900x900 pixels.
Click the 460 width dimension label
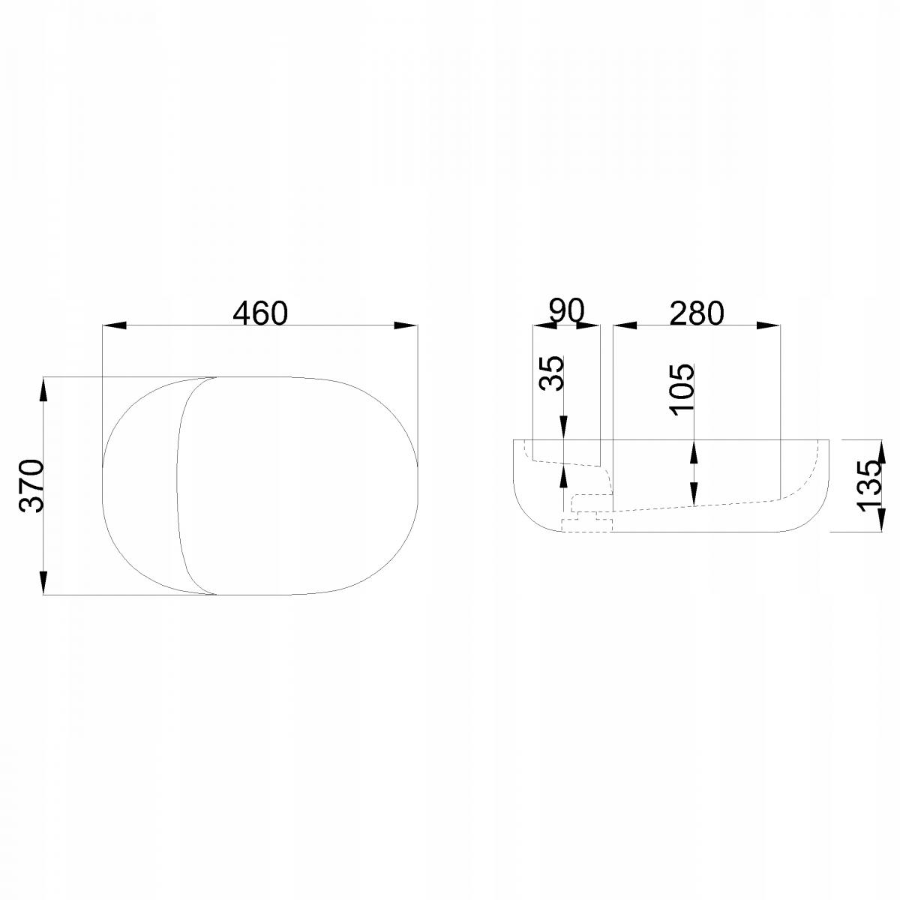coord(260,313)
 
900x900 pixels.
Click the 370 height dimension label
coord(31,486)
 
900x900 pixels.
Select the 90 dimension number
coord(566,311)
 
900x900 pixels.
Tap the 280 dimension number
coord(696,313)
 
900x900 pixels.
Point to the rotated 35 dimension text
coord(551,373)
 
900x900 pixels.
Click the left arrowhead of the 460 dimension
coord(114,325)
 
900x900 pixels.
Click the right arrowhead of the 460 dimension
coord(406,325)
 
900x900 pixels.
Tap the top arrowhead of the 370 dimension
coord(43,389)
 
